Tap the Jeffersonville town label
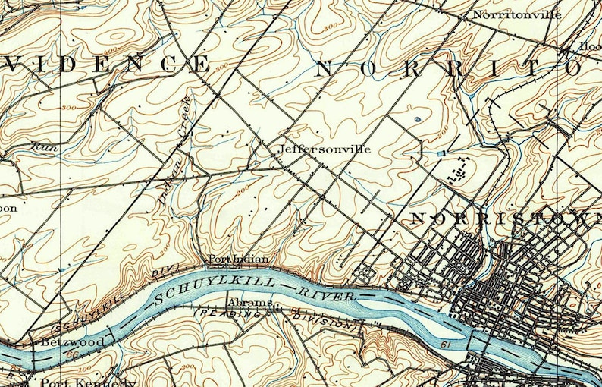(x=325, y=149)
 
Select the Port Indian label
(x=238, y=260)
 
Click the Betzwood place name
(x=74, y=342)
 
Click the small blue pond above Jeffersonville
(x=417, y=119)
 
